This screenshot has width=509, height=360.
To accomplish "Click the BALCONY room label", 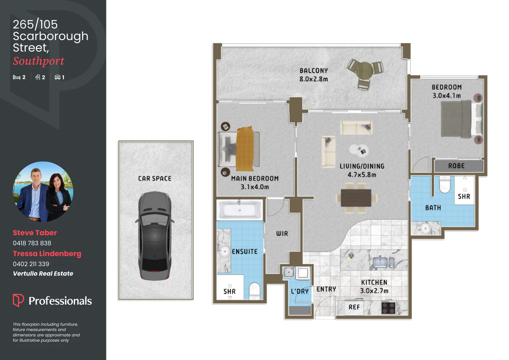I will coord(313,71).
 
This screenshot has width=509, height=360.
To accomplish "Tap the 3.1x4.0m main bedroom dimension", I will coord(254,187).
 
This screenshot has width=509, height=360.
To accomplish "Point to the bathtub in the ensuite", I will coord(239,210).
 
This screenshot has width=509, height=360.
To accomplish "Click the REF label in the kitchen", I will coord(354,307).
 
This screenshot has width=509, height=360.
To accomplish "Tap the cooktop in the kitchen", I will coord(388,307).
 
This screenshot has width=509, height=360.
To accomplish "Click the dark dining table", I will coord(356,198).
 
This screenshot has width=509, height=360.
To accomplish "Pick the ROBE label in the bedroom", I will coord(456,166).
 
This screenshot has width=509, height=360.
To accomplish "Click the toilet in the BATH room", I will coord(445,184).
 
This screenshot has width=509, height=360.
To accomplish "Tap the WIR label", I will coord(282,234).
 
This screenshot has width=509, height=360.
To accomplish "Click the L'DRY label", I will coord(299,291).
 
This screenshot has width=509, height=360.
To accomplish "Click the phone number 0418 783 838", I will coord(32,243).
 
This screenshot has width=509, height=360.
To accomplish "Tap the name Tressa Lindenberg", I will coord(47,254).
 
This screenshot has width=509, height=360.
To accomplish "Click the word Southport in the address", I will coord(39,61).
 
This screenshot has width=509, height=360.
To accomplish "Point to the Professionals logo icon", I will coord(18,300).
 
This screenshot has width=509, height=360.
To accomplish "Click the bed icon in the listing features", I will coord(16,77).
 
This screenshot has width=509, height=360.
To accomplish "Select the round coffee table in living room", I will coord(359,150).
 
